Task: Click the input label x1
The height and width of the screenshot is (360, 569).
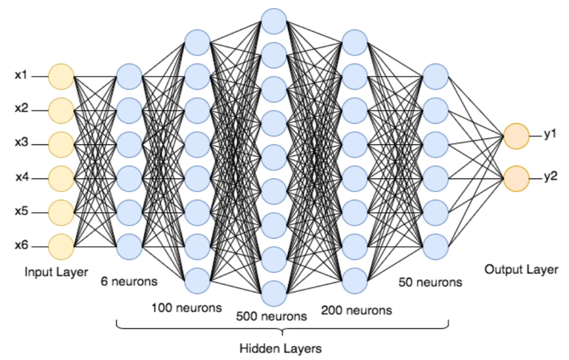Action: coord(21,76)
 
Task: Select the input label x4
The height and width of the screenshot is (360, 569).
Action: coord(21,177)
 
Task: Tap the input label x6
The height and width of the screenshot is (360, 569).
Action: coord(21,246)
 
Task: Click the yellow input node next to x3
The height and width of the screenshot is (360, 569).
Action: coord(61,144)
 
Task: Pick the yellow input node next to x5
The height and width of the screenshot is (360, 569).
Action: coord(61,212)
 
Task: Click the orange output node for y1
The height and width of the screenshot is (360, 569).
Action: coord(516,136)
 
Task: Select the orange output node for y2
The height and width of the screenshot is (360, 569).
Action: coord(516,179)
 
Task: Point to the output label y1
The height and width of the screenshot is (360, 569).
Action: coord(550,134)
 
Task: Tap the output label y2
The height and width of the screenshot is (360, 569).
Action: coord(550,177)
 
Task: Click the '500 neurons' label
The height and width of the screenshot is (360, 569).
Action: coord(272,316)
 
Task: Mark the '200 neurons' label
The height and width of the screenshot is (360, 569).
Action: coord(357,310)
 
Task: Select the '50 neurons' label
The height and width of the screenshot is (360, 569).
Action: coord(430,282)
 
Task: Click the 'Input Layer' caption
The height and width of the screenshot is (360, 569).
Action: coord(56,272)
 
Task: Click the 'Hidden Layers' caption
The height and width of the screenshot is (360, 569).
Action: coord(281,349)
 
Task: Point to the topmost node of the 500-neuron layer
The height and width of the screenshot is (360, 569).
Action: coord(274,21)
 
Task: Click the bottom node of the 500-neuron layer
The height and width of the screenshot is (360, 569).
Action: coord(274,293)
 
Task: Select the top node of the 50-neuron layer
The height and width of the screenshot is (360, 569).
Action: coord(436,76)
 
